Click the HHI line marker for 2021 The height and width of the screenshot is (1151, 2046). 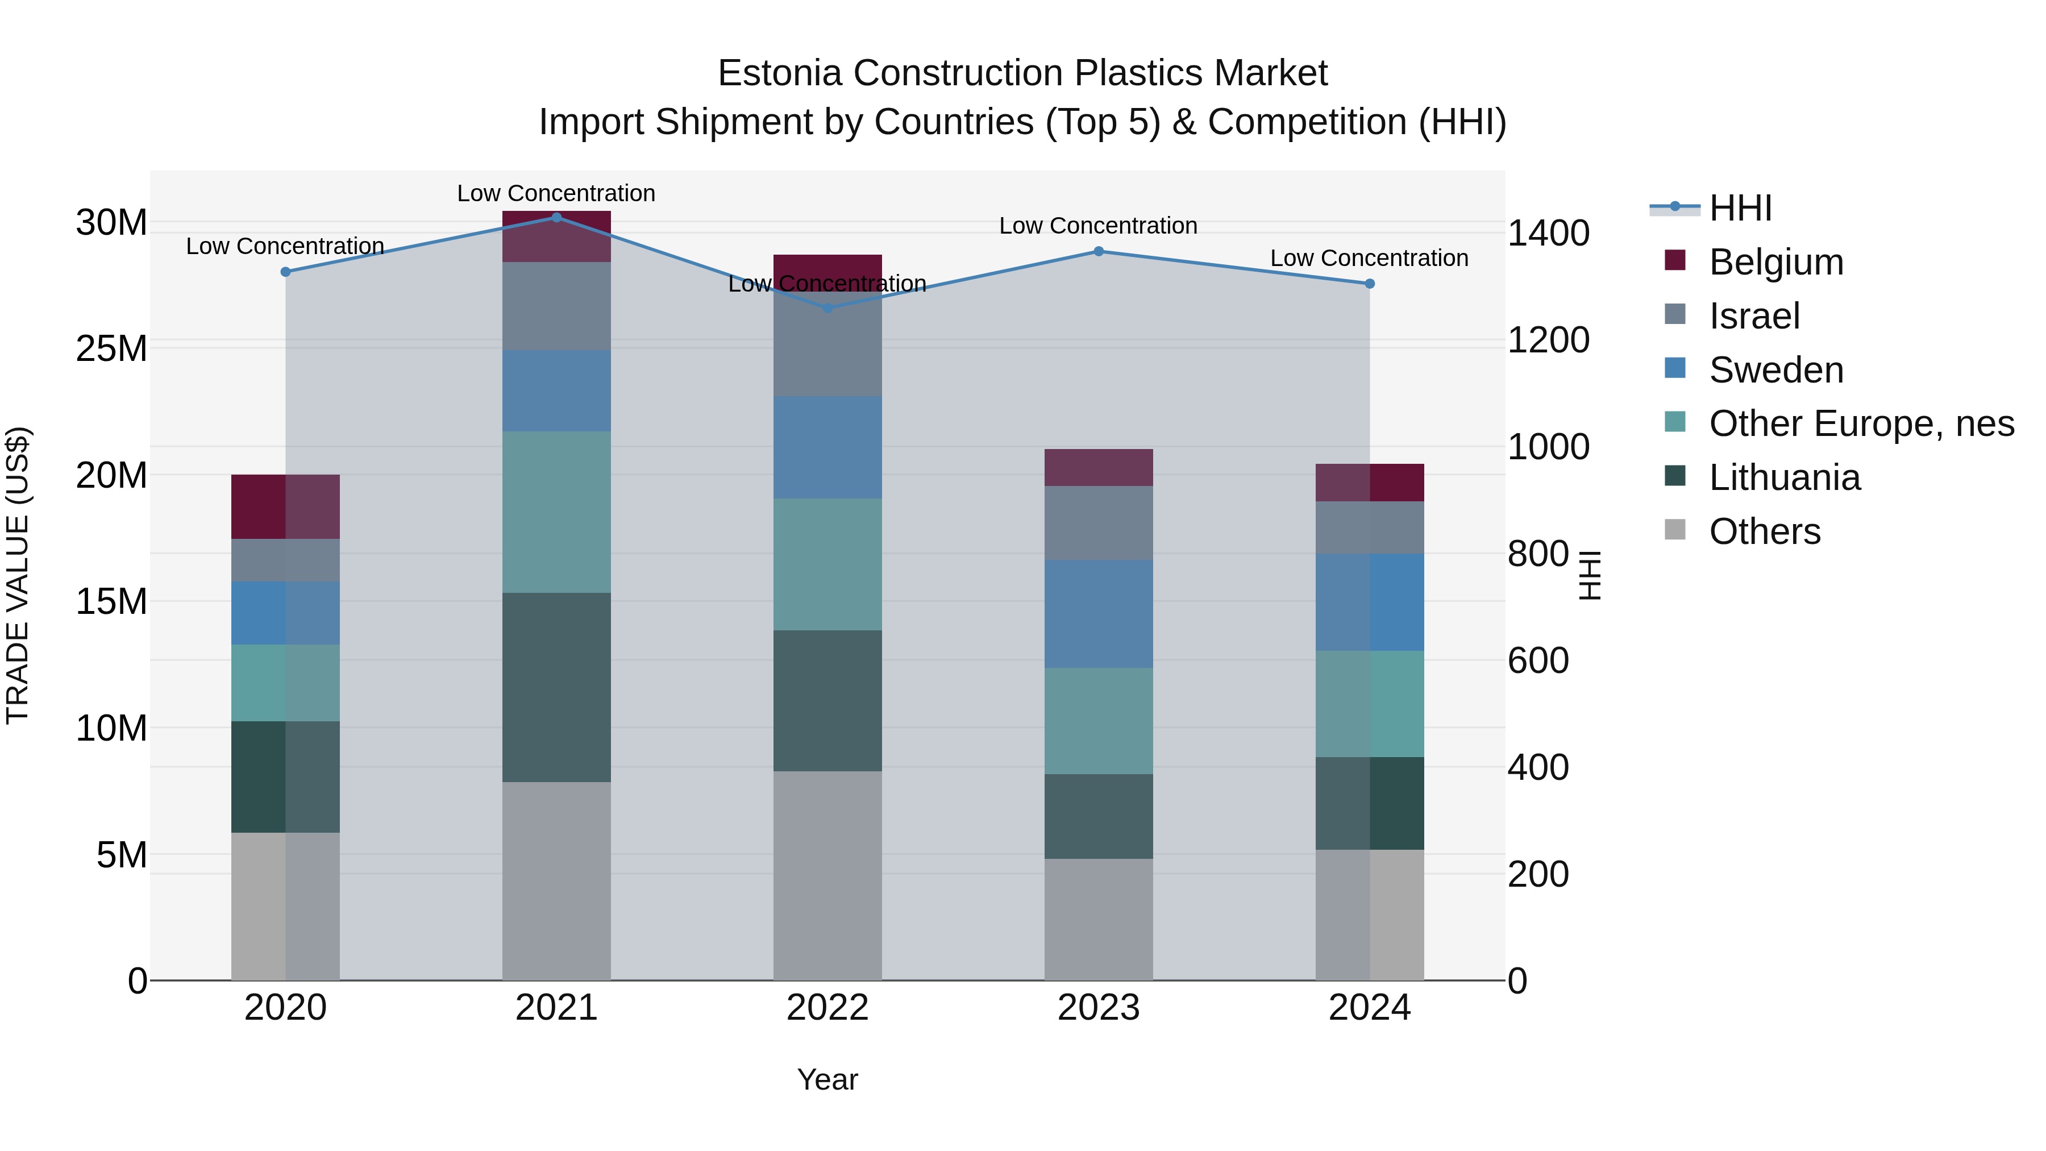[556, 218]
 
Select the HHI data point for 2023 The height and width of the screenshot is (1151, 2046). [1099, 251]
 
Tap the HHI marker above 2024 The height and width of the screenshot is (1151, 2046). [1369, 284]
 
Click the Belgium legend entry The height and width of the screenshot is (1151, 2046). [1775, 262]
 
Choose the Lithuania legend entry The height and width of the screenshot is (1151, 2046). [1784, 477]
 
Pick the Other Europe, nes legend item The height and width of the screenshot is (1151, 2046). [1861, 423]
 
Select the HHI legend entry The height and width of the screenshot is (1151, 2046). [1740, 208]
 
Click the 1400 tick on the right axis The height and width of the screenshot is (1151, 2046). [1548, 234]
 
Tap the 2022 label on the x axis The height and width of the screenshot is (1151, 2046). [827, 1008]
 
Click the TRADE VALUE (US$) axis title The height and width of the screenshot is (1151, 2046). [18, 575]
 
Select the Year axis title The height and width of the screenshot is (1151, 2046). [827, 1079]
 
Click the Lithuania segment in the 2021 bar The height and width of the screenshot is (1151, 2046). [556, 687]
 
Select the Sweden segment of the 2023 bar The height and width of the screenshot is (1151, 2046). [1099, 613]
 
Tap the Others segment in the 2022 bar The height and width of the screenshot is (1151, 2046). [827, 875]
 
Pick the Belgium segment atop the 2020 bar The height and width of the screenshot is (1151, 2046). [285, 507]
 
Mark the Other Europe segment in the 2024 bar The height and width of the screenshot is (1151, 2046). [1369, 704]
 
